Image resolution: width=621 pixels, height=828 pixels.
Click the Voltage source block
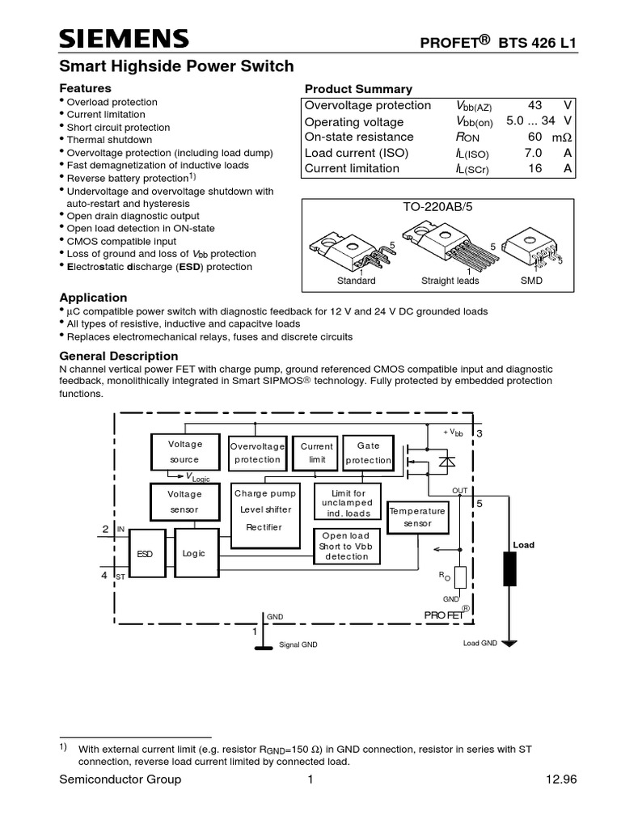[184, 452]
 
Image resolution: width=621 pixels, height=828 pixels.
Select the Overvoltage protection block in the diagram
[257, 453]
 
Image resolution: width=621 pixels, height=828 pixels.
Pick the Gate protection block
[368, 453]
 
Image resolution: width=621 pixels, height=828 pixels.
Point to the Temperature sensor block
[417, 517]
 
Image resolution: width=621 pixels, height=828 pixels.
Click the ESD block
[145, 553]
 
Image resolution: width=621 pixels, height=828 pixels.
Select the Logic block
[194, 553]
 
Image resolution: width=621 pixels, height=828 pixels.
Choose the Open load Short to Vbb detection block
[346, 546]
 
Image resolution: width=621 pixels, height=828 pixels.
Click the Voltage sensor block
[184, 502]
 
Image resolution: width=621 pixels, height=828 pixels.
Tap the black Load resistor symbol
[509, 568]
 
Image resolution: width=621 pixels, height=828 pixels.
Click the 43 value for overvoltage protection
[535, 106]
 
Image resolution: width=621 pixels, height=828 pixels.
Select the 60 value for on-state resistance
[534, 137]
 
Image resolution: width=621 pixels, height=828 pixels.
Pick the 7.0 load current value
[533, 153]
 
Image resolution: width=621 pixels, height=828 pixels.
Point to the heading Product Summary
[357, 89]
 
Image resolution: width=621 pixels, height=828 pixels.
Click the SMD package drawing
[531, 251]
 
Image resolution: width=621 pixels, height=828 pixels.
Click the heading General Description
[119, 356]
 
